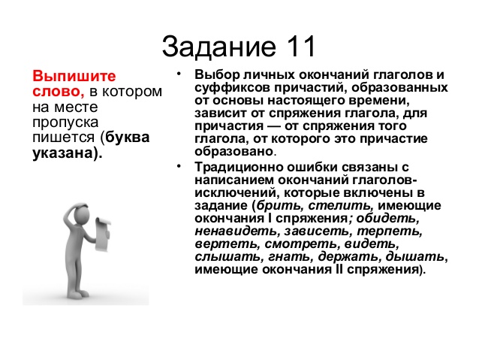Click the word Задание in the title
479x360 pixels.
[x=218, y=47]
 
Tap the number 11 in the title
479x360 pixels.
[x=300, y=47]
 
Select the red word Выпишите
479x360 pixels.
[x=74, y=76]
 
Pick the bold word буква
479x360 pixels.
[x=128, y=137]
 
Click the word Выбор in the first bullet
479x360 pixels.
[x=215, y=75]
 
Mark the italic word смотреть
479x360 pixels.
[x=301, y=244]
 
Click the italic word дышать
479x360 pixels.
[x=415, y=257]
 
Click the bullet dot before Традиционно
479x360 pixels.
[x=179, y=166]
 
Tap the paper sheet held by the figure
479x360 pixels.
[x=103, y=234]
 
